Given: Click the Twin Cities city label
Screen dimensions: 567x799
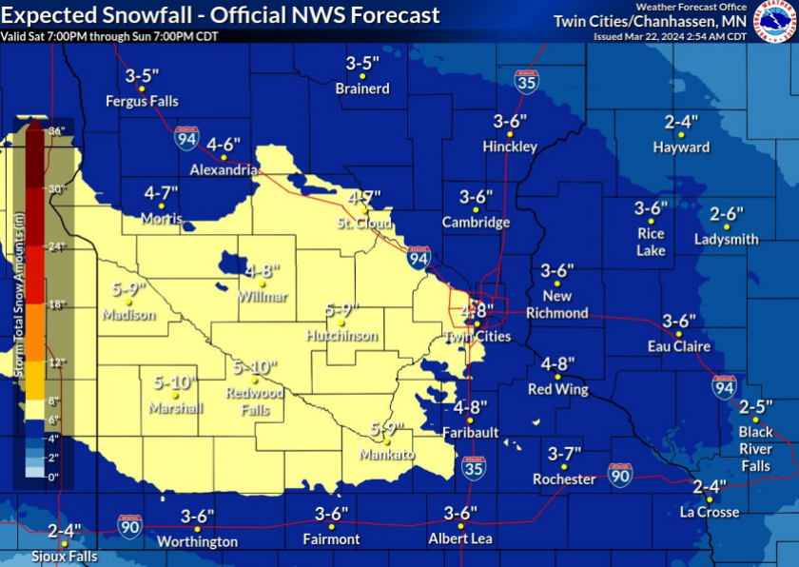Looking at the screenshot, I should point(478,337).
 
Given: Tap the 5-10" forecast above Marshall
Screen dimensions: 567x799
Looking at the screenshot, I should point(174,382).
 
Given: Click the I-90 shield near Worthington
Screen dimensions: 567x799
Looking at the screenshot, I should point(131,524).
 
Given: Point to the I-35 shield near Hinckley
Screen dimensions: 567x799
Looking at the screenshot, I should point(524,81).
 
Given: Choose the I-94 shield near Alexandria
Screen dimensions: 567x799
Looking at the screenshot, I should point(186,139).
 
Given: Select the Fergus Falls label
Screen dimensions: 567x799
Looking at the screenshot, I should point(142,101).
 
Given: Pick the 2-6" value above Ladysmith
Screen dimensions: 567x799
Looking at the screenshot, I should point(727,214).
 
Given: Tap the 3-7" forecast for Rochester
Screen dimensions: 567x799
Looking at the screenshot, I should point(564,453).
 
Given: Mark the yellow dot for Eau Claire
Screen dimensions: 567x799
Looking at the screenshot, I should point(679,334).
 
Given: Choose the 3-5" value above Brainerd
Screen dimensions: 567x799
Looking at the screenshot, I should point(362,64).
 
